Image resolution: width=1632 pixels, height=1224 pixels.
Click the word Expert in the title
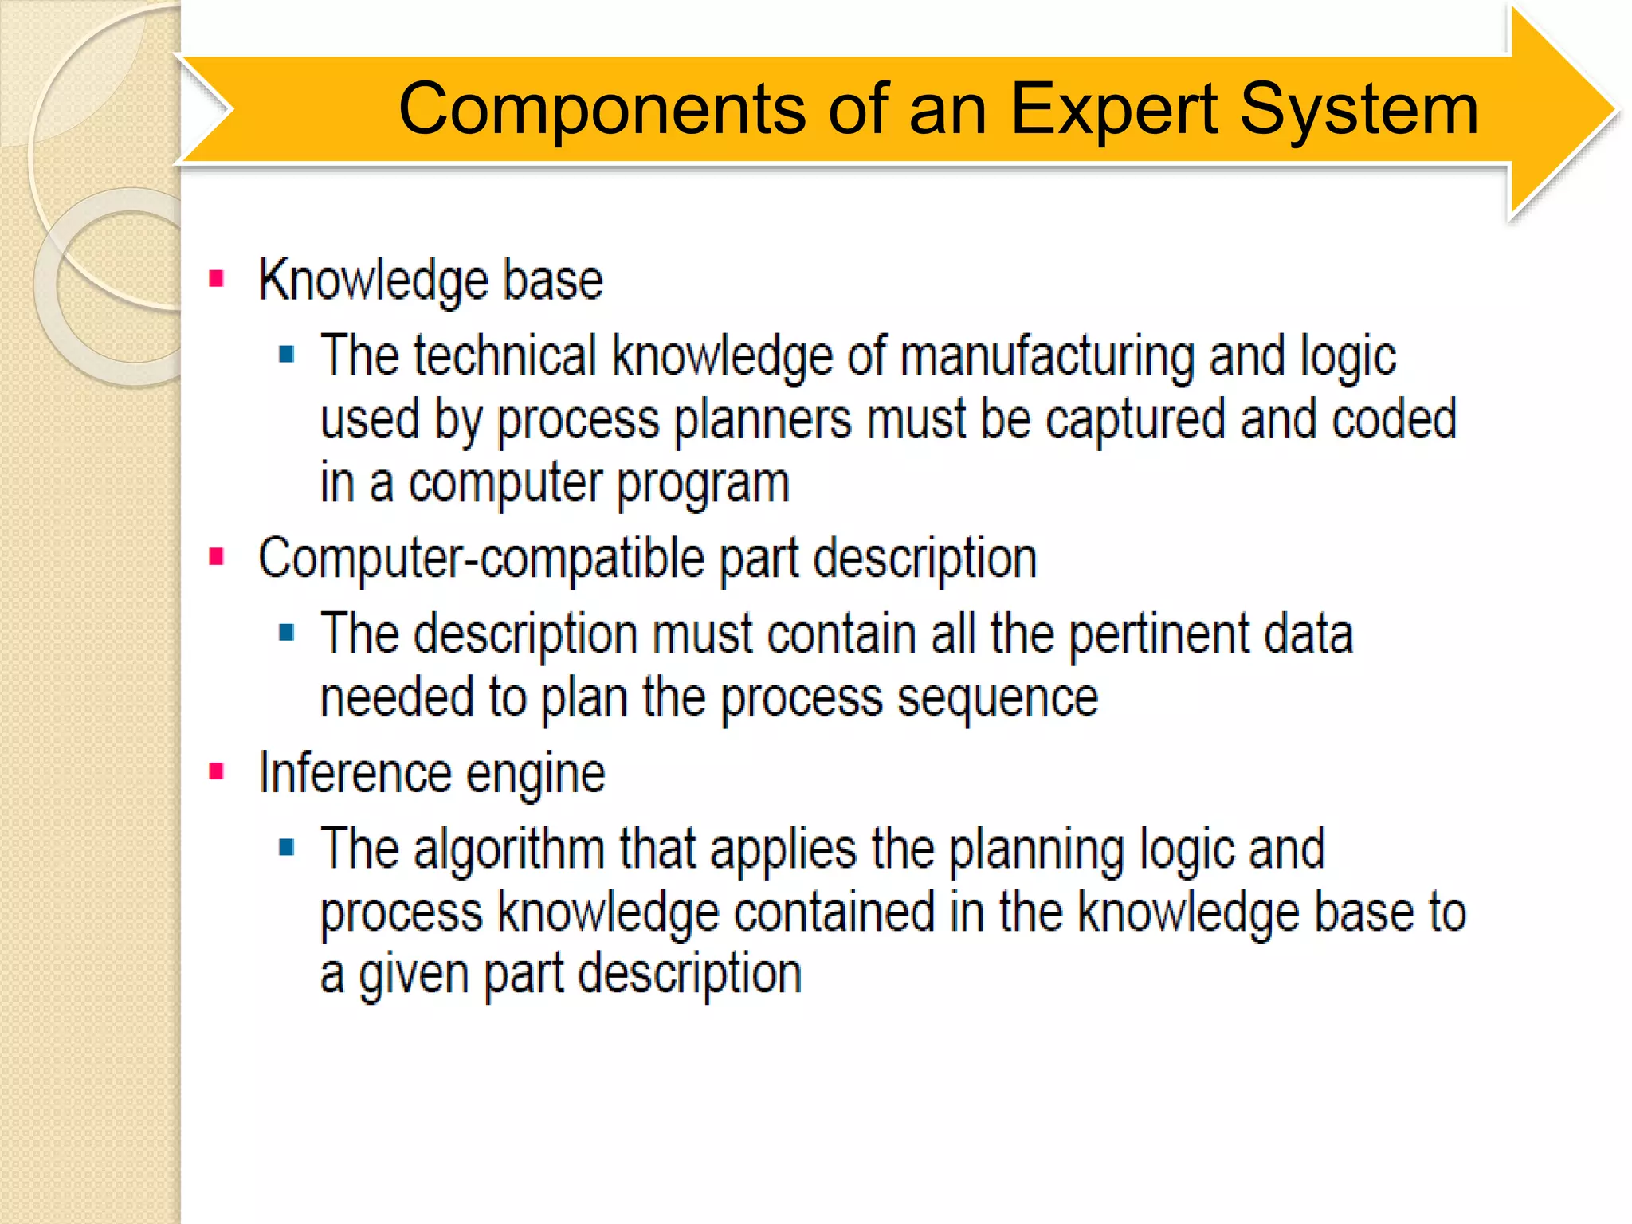tap(1113, 110)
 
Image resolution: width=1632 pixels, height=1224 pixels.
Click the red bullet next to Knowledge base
tap(216, 279)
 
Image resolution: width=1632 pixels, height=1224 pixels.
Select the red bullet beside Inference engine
tap(216, 771)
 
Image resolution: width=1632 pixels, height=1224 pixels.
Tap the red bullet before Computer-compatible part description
tap(216, 556)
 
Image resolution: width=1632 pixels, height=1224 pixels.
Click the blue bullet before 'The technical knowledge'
tap(287, 354)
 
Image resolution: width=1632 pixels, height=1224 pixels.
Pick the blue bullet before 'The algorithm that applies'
tap(287, 847)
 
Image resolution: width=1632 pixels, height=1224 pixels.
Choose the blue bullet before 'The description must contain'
tap(287, 633)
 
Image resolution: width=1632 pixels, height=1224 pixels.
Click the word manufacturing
tap(1047, 356)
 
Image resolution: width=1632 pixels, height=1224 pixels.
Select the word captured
tap(1135, 419)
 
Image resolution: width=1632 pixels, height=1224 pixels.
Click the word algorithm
tap(508, 849)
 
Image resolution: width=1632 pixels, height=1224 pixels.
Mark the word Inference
tap(355, 773)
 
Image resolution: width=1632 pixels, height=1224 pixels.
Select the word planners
tap(763, 421)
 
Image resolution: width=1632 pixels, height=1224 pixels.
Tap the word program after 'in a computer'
tap(703, 484)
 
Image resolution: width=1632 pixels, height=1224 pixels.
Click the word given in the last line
tap(413, 975)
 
